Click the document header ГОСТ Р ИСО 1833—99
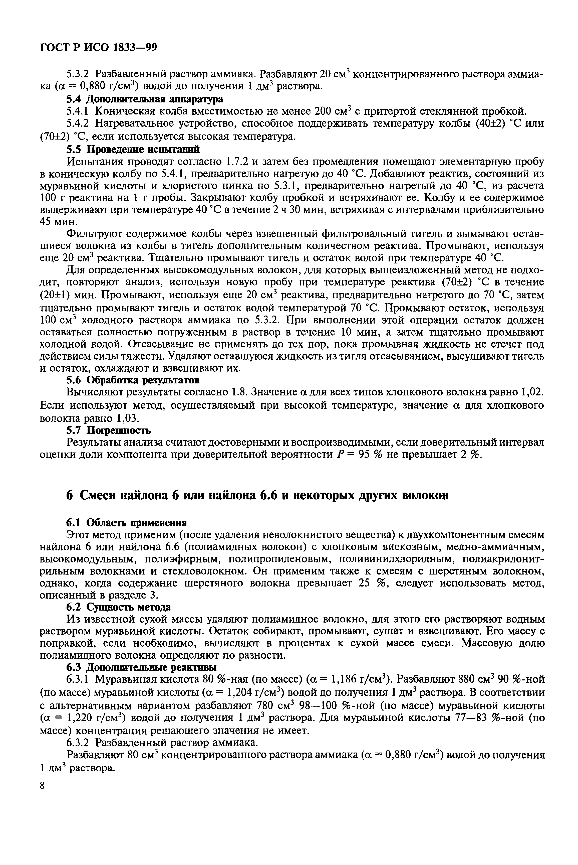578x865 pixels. (x=98, y=48)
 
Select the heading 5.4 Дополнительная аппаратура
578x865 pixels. (x=145, y=99)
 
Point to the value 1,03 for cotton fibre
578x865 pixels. (x=128, y=418)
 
